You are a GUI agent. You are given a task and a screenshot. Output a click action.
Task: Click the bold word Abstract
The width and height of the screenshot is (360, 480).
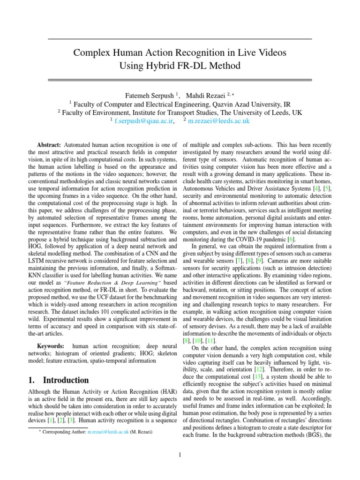48,145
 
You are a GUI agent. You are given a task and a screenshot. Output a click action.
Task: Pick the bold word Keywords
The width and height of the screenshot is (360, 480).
50,346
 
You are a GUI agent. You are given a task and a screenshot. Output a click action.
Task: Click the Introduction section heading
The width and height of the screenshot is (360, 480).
59,380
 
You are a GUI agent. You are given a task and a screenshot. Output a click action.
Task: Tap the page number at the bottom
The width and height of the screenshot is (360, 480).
180,455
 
